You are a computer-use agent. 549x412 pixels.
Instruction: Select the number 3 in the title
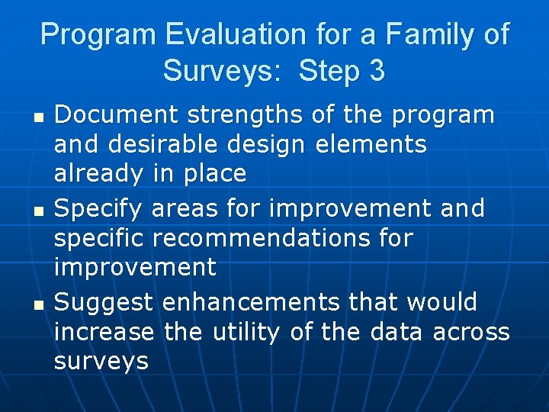pos(375,71)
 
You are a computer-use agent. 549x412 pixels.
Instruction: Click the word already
pos(97,174)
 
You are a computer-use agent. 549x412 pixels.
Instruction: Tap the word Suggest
pos(104,302)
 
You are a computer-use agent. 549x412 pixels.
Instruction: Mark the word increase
pos(104,332)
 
